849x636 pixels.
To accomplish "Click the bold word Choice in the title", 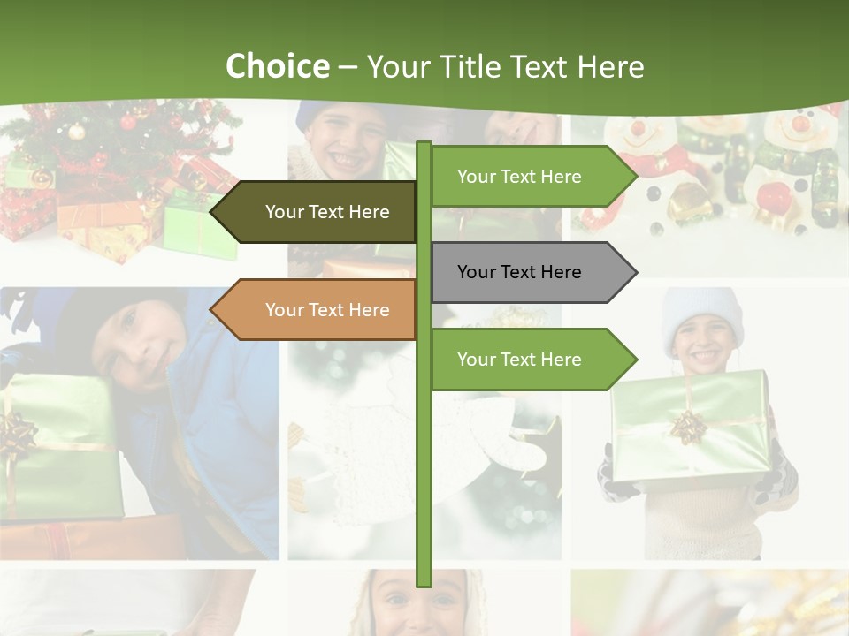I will (x=277, y=66).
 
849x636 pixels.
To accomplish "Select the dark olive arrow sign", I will (x=318, y=212).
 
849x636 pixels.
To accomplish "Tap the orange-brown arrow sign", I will (x=318, y=310).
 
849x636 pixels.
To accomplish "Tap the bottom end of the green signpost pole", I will (x=424, y=583).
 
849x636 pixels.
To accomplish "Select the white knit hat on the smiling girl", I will (x=704, y=309).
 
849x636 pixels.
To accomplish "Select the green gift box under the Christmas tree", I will (x=199, y=225).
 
